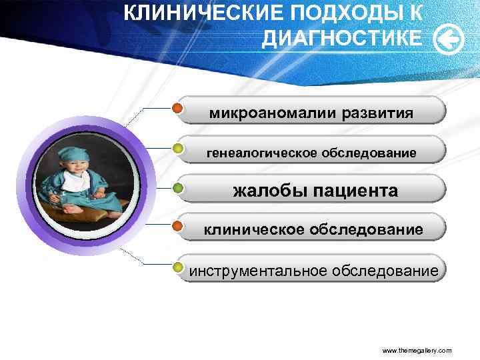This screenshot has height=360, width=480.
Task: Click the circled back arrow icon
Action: (x=448, y=40)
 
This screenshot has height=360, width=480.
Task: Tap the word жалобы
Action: (x=267, y=191)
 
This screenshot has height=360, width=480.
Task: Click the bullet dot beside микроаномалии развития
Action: (x=178, y=108)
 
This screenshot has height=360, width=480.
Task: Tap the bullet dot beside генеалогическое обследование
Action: (x=178, y=148)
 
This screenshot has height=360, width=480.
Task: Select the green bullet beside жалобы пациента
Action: (x=178, y=188)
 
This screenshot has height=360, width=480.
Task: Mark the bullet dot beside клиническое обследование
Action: (x=178, y=227)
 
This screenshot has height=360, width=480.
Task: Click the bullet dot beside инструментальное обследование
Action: (x=178, y=267)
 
